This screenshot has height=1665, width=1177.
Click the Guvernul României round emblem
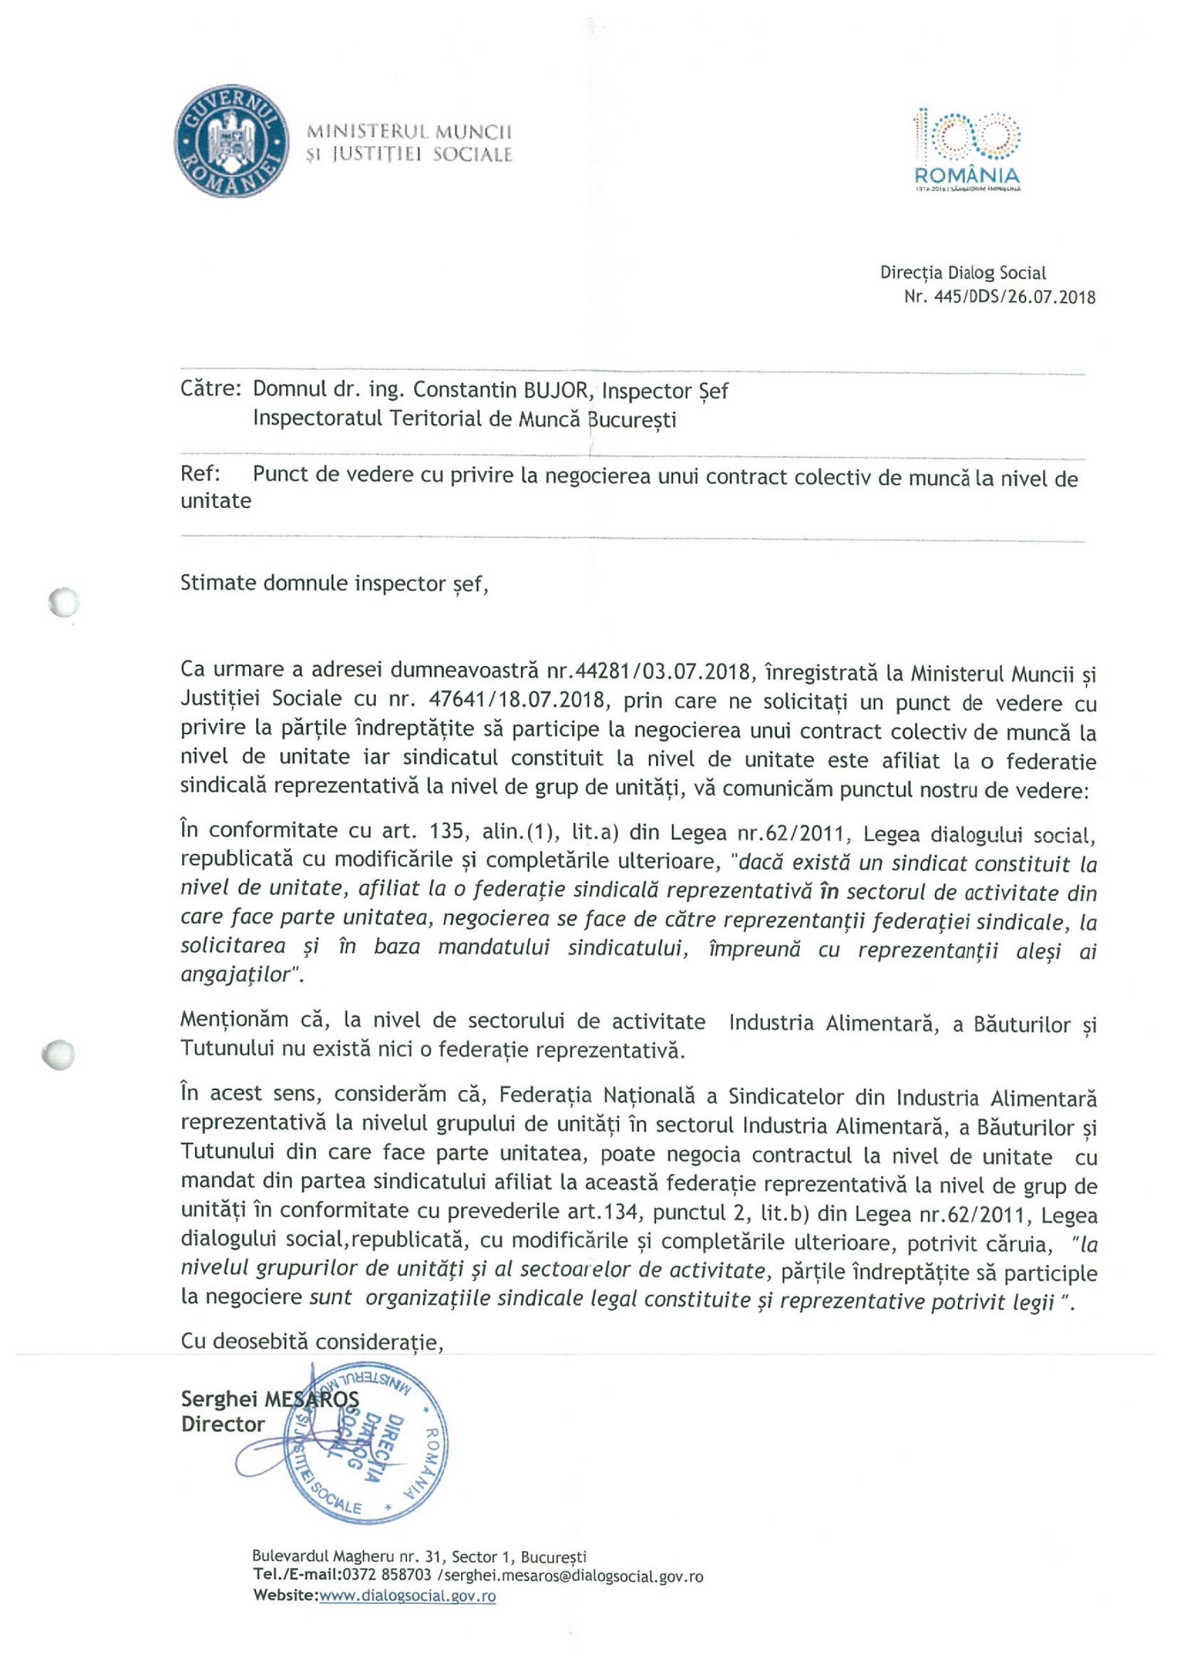[x=229, y=140]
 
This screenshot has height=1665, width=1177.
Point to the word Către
[x=210, y=390]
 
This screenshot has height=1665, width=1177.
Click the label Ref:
[x=200, y=474]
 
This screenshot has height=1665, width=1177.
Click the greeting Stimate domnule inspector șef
[x=334, y=584]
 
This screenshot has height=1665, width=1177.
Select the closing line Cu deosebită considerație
[x=312, y=1342]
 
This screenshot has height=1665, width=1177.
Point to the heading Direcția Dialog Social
[x=962, y=273]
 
